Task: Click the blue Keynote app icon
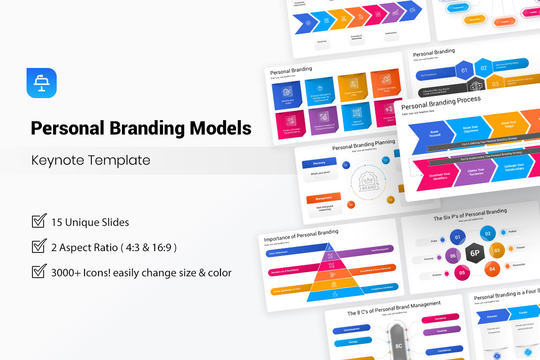click(41, 83)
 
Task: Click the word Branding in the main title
click(147, 128)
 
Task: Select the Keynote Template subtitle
click(90, 160)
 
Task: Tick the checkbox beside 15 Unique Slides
click(39, 221)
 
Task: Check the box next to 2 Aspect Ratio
click(39, 247)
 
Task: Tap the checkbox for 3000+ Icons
click(39, 272)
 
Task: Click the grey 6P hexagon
click(475, 252)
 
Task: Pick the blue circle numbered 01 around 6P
click(458, 237)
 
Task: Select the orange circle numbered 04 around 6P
click(492, 269)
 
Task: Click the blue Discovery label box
click(319, 163)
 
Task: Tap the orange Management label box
click(323, 198)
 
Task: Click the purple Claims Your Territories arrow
click(475, 173)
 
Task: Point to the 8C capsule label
click(398, 346)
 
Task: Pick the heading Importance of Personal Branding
click(301, 235)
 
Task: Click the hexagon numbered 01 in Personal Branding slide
click(464, 70)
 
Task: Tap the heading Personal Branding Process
click(441, 103)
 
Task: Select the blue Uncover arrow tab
click(492, 316)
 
